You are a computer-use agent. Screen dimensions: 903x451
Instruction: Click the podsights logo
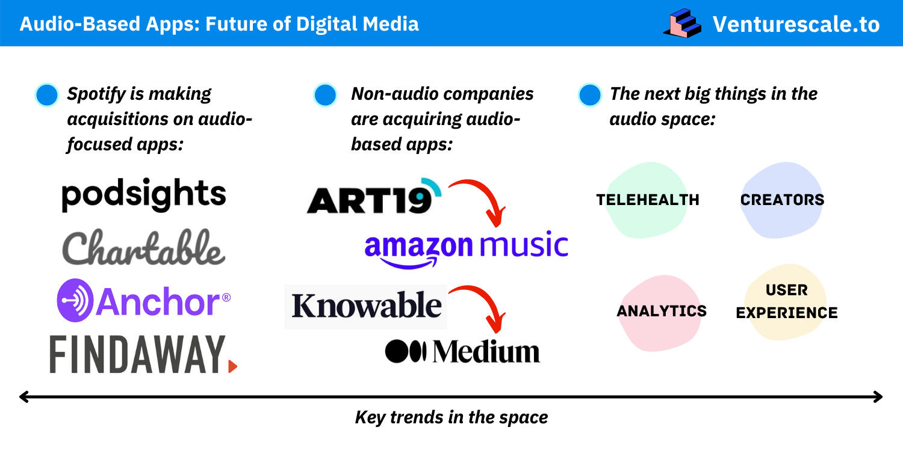click(143, 195)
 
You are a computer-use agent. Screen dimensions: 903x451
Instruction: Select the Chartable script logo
click(143, 247)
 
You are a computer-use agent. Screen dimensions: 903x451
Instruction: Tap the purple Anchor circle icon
click(75, 301)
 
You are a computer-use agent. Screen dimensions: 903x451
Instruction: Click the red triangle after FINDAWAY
click(232, 366)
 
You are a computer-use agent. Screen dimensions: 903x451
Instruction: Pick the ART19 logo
click(374, 196)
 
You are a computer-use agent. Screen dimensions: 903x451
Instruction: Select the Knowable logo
click(365, 307)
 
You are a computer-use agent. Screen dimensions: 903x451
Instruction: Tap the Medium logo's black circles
click(406, 351)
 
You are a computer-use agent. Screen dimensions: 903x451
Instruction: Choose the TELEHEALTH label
click(647, 200)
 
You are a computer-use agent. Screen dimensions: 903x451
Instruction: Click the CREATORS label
click(782, 200)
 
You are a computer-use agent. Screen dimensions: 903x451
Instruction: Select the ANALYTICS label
click(662, 311)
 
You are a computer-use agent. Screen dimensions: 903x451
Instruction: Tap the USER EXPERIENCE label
click(786, 301)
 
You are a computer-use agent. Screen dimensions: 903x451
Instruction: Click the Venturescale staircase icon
click(683, 23)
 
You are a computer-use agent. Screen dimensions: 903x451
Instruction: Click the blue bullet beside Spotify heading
click(47, 95)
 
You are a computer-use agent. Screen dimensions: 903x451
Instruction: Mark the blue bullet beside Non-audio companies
click(325, 95)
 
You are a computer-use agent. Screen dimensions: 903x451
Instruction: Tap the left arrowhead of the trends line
click(24, 397)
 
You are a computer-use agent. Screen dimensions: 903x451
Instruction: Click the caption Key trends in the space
click(451, 417)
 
